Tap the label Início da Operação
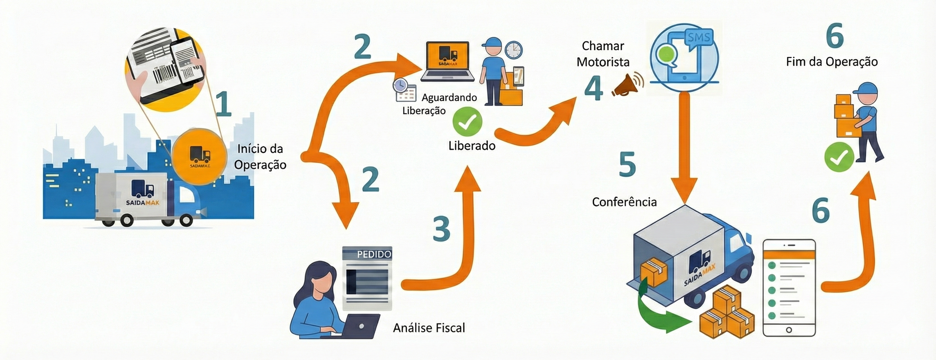point(260,157)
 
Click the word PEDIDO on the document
point(374,254)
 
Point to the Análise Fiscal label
point(429,328)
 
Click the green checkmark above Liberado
point(467,122)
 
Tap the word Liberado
point(472,146)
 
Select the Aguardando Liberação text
point(440,104)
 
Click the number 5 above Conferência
point(627,164)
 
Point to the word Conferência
point(624,202)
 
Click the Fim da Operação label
point(832,62)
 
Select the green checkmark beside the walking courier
point(839,157)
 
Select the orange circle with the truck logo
point(199,156)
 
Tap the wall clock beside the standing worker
point(513,50)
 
